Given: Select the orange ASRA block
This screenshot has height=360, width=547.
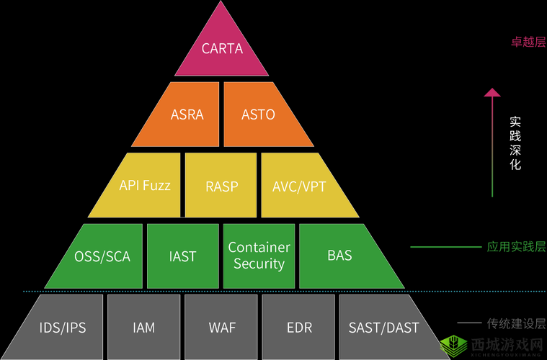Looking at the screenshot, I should click(x=187, y=114).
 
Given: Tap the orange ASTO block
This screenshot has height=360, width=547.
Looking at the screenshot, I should click(x=258, y=114).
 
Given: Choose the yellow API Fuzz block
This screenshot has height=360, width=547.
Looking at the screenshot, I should click(x=144, y=185).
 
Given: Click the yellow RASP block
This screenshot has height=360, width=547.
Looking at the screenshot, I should click(x=221, y=186).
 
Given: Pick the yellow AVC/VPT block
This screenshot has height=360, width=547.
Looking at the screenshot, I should click(x=300, y=186).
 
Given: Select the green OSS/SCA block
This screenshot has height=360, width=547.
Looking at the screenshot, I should click(x=102, y=256).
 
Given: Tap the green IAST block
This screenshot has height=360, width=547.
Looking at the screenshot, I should click(x=182, y=256).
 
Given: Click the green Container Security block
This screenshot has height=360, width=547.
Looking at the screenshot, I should click(x=259, y=256).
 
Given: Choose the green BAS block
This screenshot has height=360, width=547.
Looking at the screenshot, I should click(x=339, y=256).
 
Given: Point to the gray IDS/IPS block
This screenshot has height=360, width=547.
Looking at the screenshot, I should click(x=63, y=328).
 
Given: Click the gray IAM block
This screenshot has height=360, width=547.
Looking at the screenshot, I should click(x=143, y=328).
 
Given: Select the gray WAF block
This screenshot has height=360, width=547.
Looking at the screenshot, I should click(x=221, y=328).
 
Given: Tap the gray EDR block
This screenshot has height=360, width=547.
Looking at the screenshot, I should click(x=298, y=328).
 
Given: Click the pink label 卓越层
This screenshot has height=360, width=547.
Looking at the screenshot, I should click(x=528, y=42).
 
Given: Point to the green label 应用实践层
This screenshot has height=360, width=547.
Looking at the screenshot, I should click(x=516, y=247).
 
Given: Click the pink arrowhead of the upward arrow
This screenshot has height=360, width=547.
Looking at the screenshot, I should click(x=492, y=92).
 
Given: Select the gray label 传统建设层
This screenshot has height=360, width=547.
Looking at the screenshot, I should click(x=516, y=325).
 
